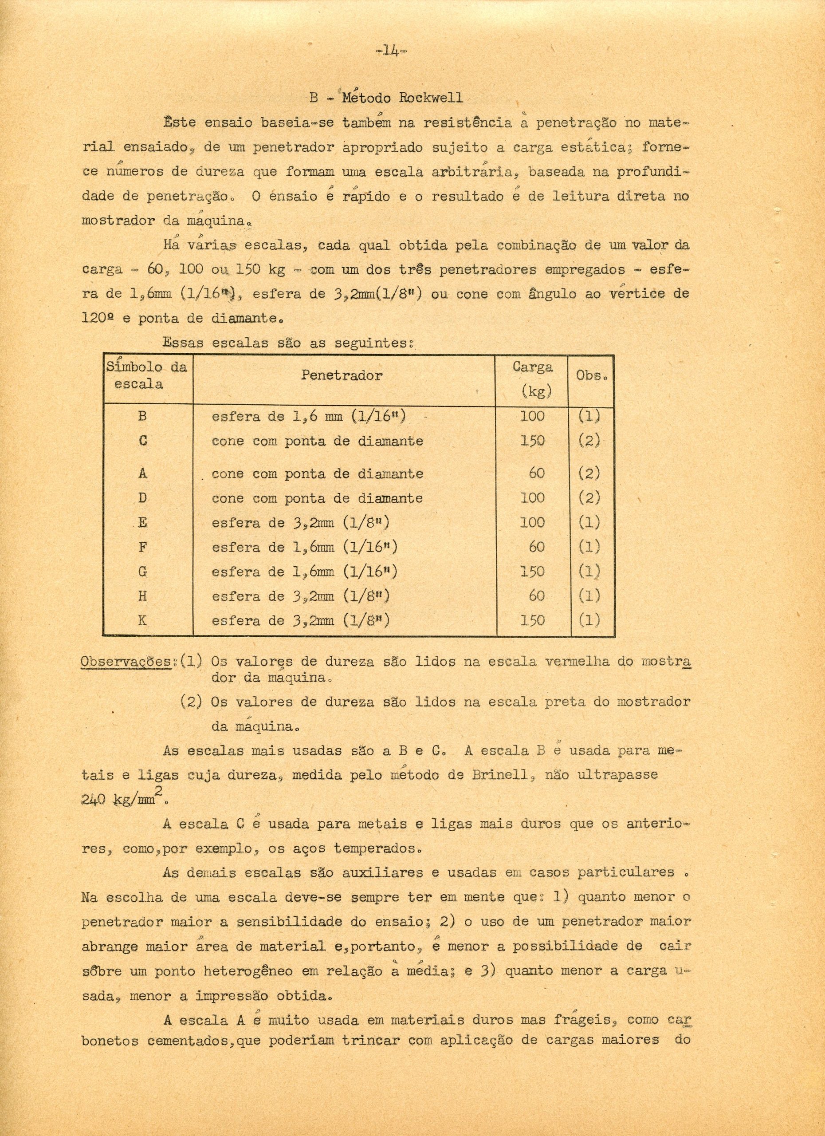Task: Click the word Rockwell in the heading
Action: click(x=431, y=97)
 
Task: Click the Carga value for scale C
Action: click(x=532, y=441)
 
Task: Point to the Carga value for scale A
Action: click(x=536, y=473)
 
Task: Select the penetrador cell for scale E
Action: click(x=300, y=522)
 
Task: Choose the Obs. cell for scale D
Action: click(x=589, y=498)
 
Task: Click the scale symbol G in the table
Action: click(x=143, y=572)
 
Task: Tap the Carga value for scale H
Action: click(x=536, y=596)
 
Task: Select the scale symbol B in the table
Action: click(x=143, y=416)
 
